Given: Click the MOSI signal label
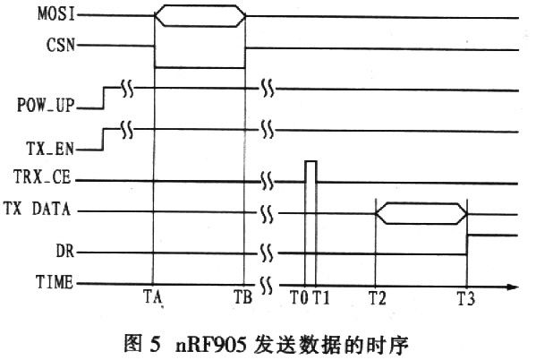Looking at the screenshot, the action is point(56,14).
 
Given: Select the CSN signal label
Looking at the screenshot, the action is point(61,45).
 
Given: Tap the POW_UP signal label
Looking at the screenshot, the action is point(46,105).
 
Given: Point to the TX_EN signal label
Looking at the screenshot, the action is point(50,149).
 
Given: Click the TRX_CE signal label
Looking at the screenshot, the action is point(42,177).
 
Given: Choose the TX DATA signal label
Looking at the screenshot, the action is point(38,209).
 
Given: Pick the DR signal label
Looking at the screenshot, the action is point(65,251).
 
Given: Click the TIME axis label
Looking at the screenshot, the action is point(55,282).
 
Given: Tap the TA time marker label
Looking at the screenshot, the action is point(152,296).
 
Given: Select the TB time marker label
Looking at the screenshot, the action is point(243,296).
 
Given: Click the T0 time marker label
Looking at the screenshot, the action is point(299,297).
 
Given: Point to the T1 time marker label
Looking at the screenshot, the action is point(321,297).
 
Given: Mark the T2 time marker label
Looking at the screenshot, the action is point(378,297).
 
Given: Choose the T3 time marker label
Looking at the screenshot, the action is point(466,298).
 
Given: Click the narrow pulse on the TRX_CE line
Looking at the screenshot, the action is point(311,171).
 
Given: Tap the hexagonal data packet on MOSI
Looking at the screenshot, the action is point(200,16).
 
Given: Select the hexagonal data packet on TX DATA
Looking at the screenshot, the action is point(421,214).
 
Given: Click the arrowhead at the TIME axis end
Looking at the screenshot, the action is point(513,287).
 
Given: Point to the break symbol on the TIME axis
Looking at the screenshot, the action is point(267,286).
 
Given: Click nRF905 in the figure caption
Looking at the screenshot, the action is point(211,345).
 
